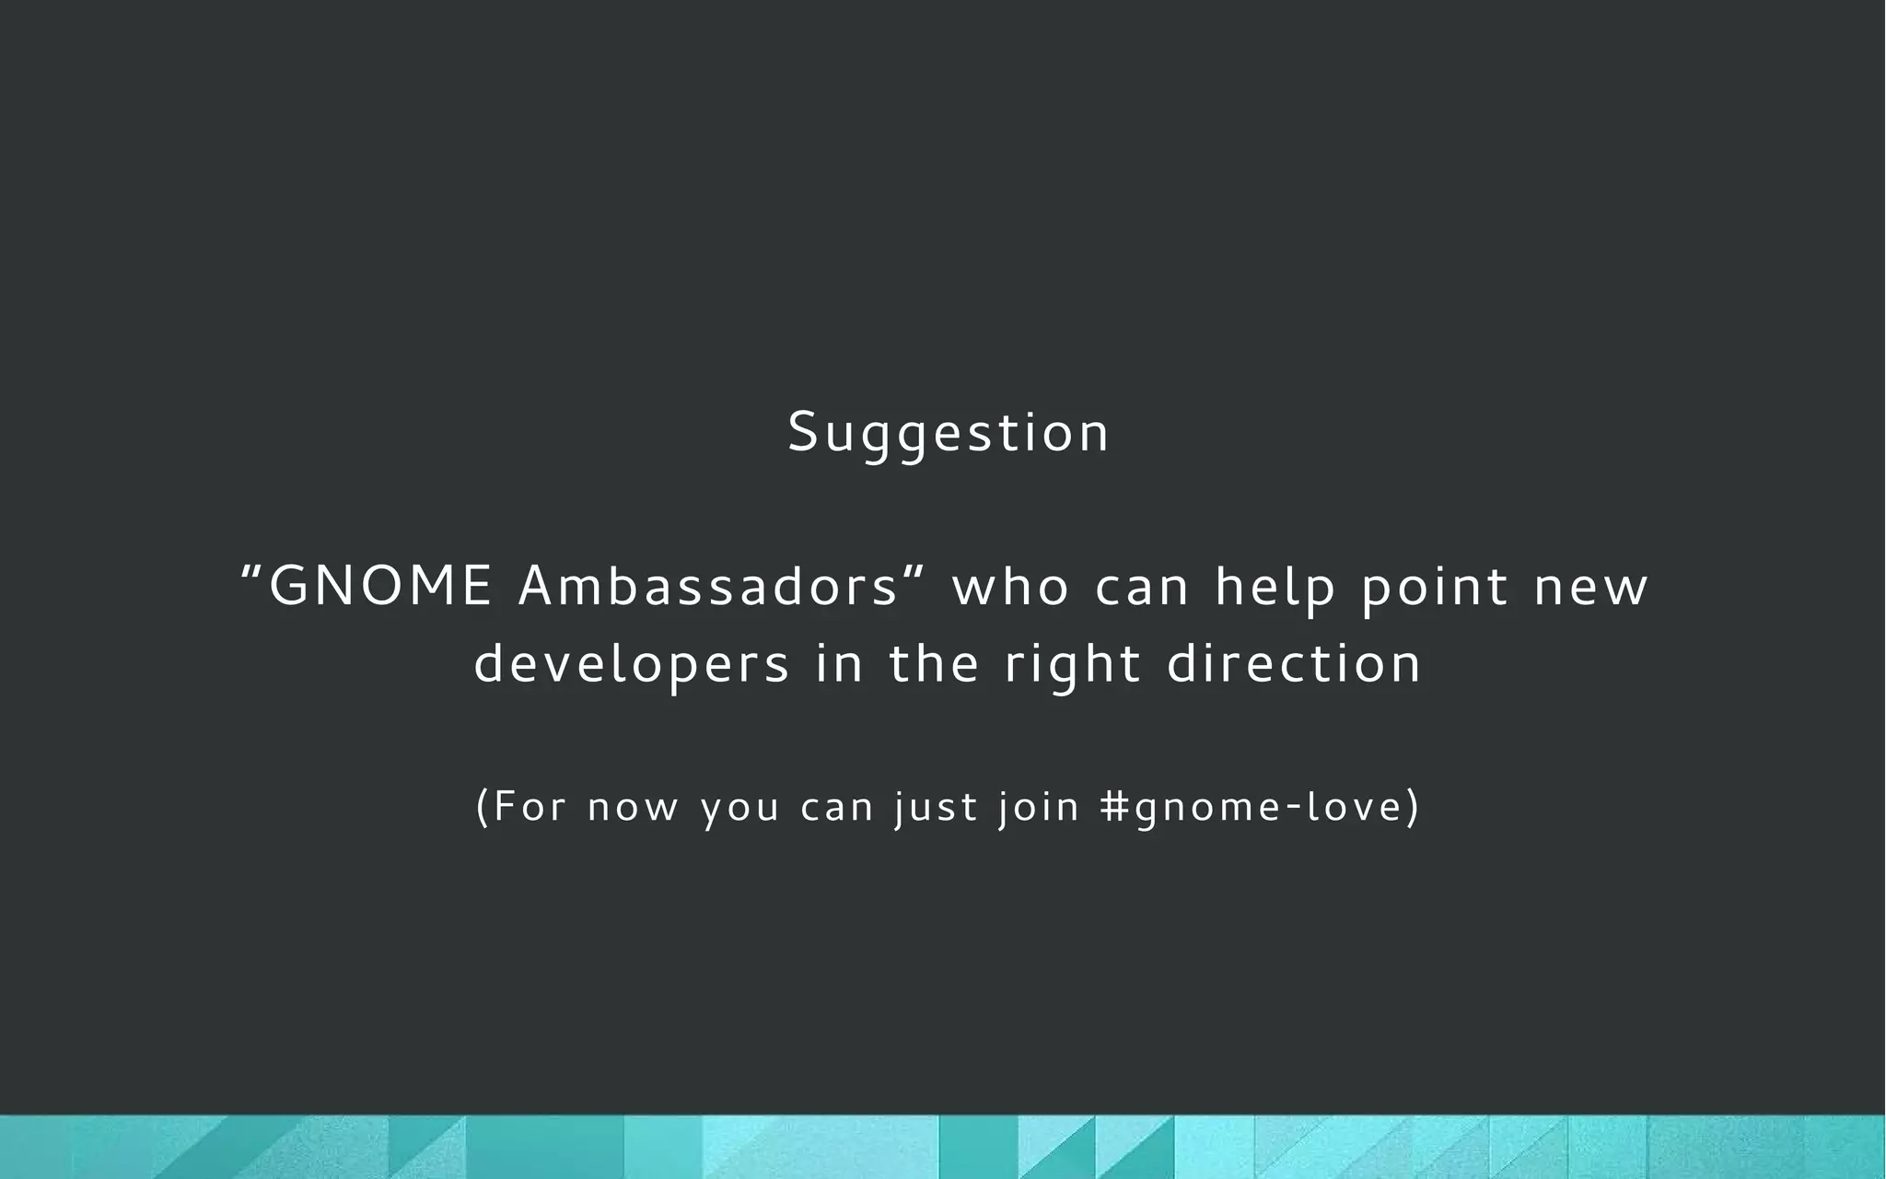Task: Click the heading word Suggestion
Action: pyautogui.click(x=949, y=433)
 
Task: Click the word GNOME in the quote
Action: pyautogui.click(x=380, y=587)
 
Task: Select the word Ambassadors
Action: pyautogui.click(x=707, y=587)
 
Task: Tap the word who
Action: pyautogui.click(x=1010, y=588)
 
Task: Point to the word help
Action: pyautogui.click(x=1275, y=588)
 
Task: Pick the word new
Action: pyautogui.click(x=1590, y=588)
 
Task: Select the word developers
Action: pyautogui.click(x=632, y=665)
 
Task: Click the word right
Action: pyautogui.click(x=1073, y=665)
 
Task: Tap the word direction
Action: pyautogui.click(x=1294, y=663)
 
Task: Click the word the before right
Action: pyautogui.click(x=933, y=663)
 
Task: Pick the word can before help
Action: pyautogui.click(x=1143, y=588)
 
